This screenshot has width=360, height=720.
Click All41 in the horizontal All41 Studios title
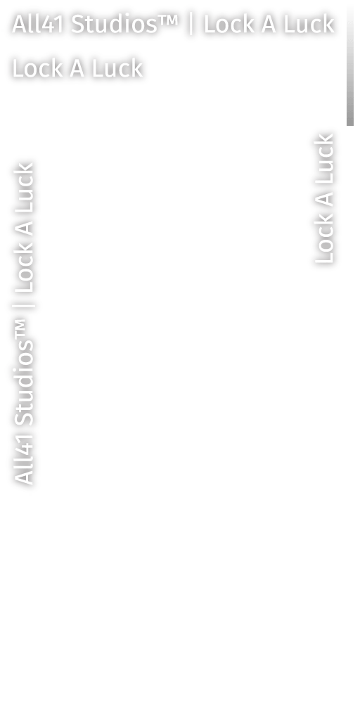coord(38,25)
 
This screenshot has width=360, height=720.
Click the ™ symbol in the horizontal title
coord(167,20)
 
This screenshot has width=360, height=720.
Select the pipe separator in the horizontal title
coord(191,25)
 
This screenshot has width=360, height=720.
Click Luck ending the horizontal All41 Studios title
coord(309,25)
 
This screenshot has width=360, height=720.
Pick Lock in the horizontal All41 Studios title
coord(229,25)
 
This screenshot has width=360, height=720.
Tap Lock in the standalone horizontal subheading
coord(37,68)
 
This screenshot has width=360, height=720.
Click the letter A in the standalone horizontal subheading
coord(77,68)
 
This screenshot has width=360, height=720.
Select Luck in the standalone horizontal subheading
coord(117,68)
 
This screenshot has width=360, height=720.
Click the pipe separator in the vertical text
coord(24,307)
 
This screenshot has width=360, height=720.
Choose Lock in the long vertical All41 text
coord(24,269)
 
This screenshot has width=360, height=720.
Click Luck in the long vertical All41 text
coord(24,188)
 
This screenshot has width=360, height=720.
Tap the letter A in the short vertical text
coord(325,199)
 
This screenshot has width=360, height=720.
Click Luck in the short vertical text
coord(325,158)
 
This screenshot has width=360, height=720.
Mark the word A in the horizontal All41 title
coord(268,25)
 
